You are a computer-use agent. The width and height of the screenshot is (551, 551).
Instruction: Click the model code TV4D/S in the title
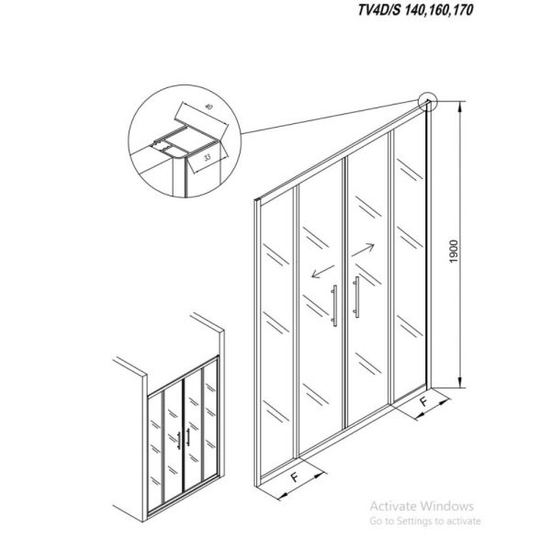coord(379,9)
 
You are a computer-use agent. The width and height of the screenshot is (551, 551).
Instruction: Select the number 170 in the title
coord(462,9)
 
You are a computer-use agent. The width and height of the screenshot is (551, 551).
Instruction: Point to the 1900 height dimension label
coord(454,252)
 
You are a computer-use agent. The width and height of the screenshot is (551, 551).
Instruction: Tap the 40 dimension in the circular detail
coord(208,107)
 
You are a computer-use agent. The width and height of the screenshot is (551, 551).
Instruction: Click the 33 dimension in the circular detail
coord(208,158)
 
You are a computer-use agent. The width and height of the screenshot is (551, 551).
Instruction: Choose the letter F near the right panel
coord(425,401)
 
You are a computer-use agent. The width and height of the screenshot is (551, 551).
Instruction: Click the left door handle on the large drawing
coord(334,306)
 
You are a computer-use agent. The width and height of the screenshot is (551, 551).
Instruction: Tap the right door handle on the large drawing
coord(356,297)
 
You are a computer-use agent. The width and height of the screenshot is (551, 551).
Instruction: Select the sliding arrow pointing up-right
coord(363,250)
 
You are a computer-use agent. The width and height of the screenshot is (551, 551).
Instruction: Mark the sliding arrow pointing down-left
coord(322,271)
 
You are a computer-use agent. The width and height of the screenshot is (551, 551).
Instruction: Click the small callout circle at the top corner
coord(428,101)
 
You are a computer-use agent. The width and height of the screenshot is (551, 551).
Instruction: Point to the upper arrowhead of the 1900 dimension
coord(460,107)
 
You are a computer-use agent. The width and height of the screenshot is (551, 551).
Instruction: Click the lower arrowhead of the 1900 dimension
coord(460,382)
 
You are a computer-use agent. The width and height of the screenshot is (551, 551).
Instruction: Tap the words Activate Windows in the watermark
coord(422,506)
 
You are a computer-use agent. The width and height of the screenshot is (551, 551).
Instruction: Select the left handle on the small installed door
coord(179,441)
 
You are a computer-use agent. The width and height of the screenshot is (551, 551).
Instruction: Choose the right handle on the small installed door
coord(188,437)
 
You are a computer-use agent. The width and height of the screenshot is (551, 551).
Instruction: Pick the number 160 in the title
coord(438,9)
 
